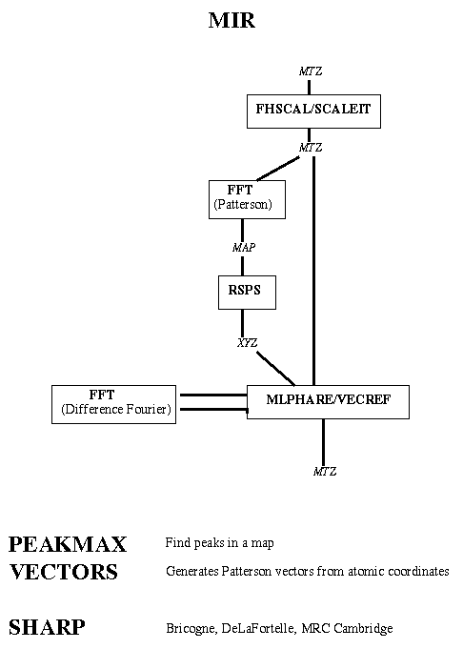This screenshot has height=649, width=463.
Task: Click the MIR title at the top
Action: tap(231, 20)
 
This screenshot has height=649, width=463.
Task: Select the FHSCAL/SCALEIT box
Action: tap(313, 112)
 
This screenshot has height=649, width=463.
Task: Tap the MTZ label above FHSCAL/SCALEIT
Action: tap(311, 71)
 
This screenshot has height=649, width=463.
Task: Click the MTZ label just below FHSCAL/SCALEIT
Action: tap(311, 148)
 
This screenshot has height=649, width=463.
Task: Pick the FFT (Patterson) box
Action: tap(247, 199)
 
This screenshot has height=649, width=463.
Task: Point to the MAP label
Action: tap(244, 248)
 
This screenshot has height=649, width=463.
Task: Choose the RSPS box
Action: tap(247, 293)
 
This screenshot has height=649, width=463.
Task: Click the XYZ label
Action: tap(247, 343)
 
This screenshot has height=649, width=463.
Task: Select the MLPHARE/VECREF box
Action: tap(328, 402)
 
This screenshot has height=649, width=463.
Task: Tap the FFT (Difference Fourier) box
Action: tap(113, 404)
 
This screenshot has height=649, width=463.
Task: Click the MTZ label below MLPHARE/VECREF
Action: tap(325, 471)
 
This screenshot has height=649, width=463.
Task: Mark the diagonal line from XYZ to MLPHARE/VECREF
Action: tap(275, 369)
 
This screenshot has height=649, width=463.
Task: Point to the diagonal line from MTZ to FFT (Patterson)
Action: tap(278, 169)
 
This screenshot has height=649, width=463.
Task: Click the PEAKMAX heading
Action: tap(68, 544)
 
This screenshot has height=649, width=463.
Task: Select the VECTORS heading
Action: tap(64, 572)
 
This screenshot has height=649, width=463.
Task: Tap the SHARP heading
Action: tap(47, 627)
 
